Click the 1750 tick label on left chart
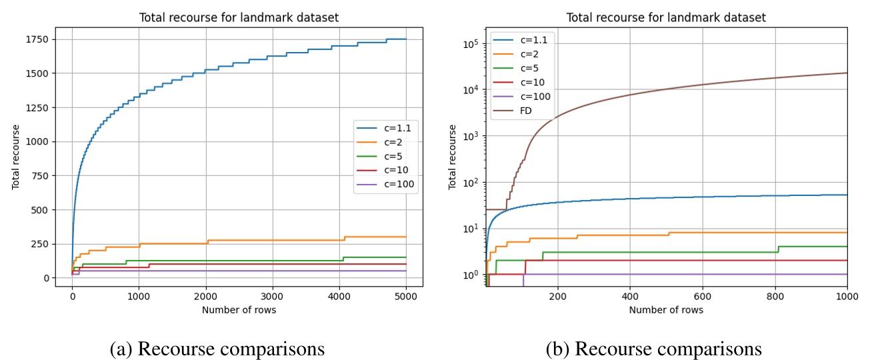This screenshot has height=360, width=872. point(41,39)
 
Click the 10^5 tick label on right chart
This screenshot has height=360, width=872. point(471,44)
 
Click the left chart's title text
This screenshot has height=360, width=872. point(239,18)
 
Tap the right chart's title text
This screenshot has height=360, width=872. point(666,18)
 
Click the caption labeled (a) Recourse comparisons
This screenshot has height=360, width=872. point(217,348)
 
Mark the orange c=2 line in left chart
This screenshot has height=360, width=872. point(267,240)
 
